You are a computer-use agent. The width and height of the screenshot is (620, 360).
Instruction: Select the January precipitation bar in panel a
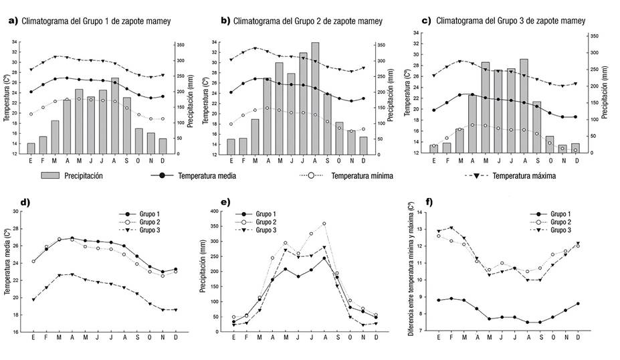31,148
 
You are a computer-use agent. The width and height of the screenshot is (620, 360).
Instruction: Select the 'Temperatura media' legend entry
207,177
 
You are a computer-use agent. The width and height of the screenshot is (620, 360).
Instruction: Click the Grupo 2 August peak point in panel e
324,223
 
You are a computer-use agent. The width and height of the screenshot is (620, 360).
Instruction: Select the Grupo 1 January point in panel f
438,300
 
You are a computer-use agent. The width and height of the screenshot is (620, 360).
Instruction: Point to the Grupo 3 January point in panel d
33,299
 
